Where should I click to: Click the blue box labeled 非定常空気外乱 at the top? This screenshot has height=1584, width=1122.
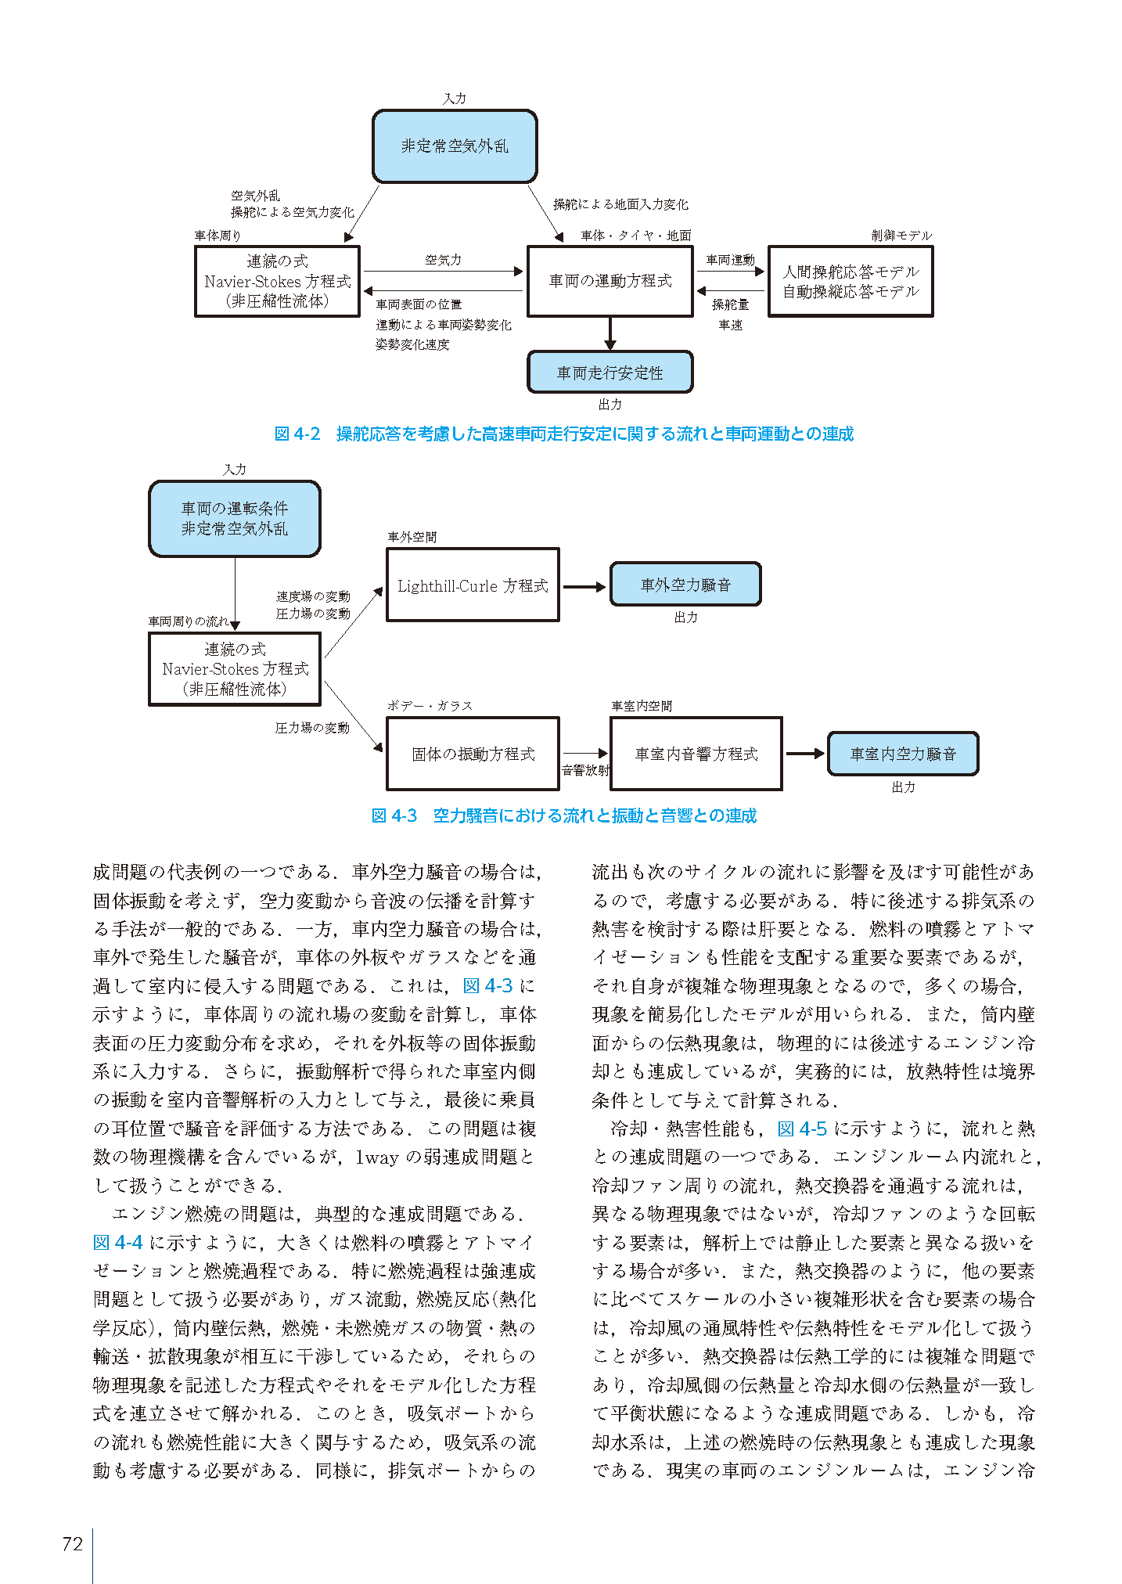455,146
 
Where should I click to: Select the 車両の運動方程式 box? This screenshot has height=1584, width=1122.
610,281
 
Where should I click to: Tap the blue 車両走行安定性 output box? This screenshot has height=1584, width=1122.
610,373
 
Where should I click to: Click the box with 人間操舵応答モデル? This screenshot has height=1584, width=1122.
850,282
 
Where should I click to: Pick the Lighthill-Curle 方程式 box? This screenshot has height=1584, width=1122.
473,585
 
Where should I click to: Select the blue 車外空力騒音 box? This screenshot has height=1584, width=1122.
685,585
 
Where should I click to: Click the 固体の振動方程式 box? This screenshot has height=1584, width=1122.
473,754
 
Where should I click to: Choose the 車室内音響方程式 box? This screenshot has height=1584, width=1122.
696,754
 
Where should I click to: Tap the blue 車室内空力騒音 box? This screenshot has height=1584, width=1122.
903,754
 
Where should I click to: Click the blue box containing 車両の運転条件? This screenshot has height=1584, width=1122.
235,519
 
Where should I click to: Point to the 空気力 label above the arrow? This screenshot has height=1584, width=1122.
443,260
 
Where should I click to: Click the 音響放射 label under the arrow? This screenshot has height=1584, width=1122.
585,770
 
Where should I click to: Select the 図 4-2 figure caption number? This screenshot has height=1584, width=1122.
297,434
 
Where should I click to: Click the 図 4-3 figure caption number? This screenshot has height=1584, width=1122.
394,816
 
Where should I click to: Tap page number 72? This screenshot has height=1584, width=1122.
72,1544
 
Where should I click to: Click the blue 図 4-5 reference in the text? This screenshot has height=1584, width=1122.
802,1129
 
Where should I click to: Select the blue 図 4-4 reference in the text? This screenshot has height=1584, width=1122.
117,1243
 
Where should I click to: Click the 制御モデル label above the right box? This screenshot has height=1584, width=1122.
901,236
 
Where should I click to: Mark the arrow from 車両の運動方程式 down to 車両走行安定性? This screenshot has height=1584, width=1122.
610,333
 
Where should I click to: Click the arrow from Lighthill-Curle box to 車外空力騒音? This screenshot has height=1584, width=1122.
584,586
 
